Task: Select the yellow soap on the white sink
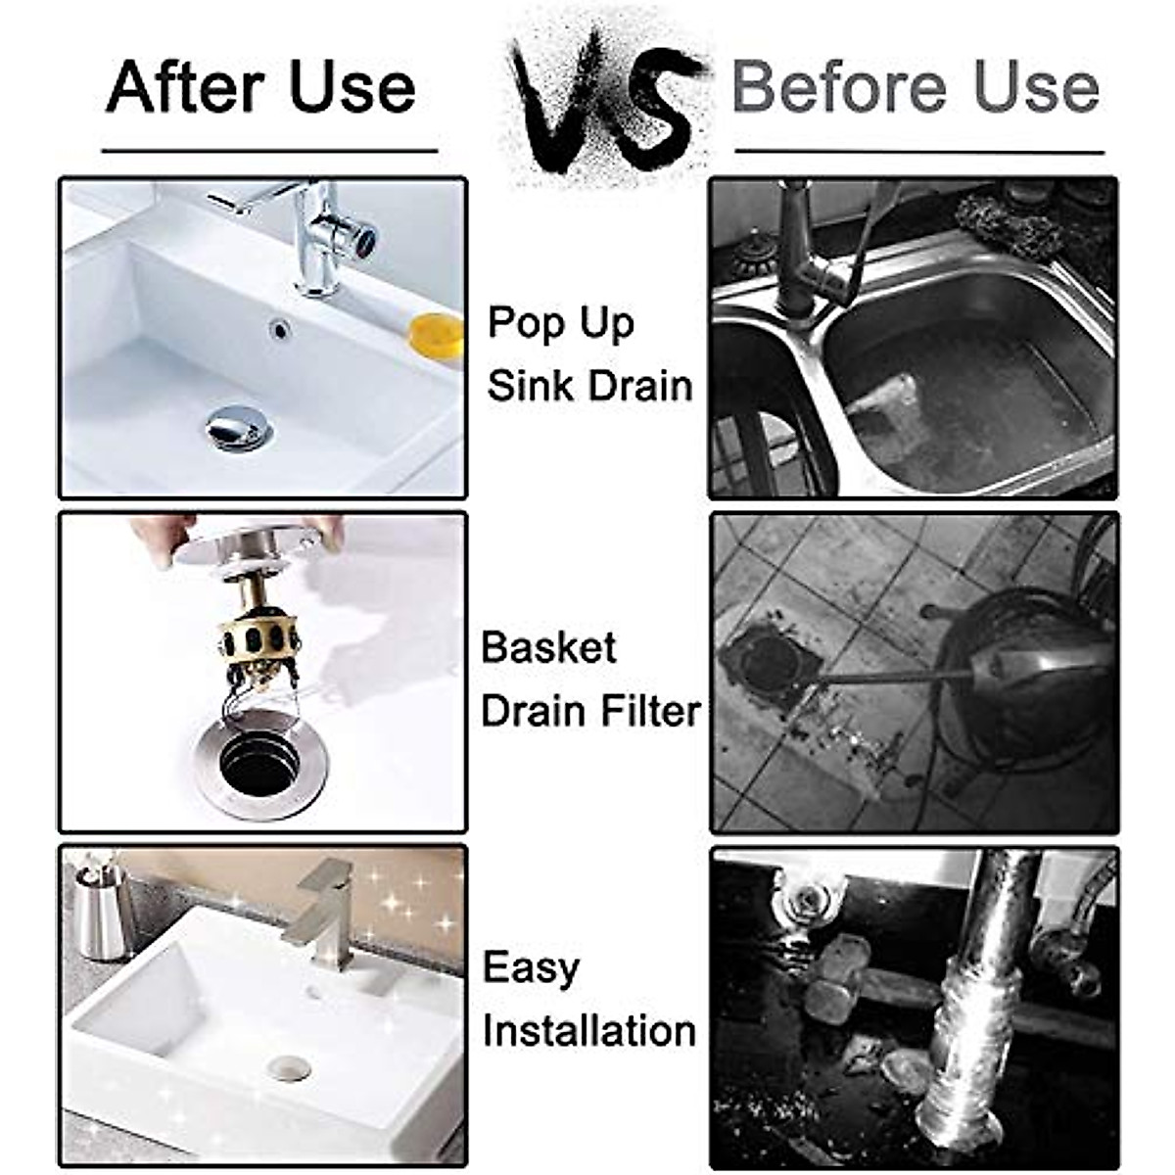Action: [x=435, y=335]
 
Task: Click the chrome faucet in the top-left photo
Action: [x=328, y=235]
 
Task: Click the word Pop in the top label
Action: [x=524, y=323]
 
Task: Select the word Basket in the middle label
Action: [x=549, y=648]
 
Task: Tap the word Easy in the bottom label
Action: [x=531, y=968]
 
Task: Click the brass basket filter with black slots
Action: [x=257, y=635]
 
